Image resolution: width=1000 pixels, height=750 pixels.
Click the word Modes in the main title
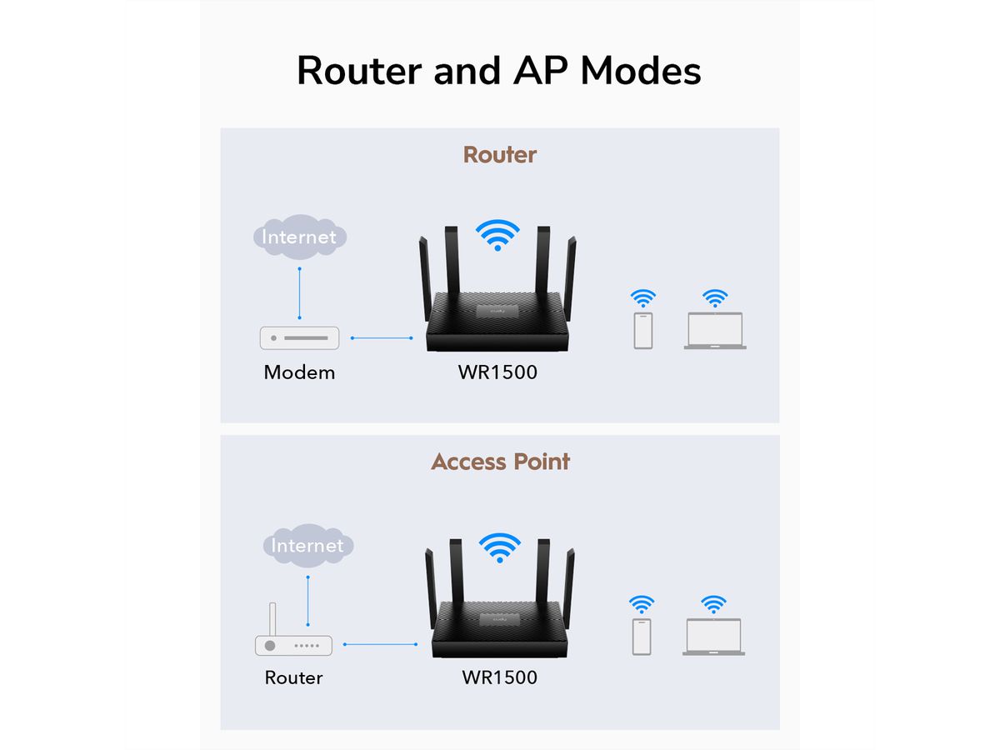(x=641, y=71)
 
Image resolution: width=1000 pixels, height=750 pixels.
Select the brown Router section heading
(x=499, y=155)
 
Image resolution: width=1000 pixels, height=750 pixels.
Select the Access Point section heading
(x=500, y=462)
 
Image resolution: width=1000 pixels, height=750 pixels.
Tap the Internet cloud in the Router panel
(x=299, y=237)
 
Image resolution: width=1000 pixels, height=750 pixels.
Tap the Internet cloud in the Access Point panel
(x=307, y=546)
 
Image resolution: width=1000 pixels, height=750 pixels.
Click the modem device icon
(x=300, y=337)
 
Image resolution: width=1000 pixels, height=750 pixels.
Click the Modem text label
(x=299, y=372)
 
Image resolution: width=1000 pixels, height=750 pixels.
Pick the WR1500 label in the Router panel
(x=497, y=372)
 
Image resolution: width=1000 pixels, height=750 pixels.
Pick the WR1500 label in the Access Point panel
(x=499, y=677)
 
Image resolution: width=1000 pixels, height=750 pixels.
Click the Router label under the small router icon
(x=293, y=677)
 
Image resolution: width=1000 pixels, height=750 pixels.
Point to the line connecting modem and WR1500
(x=382, y=337)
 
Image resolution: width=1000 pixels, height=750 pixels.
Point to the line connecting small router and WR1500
(x=380, y=643)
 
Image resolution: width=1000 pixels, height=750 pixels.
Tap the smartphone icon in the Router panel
(x=642, y=330)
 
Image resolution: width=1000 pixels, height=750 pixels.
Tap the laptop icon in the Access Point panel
(x=713, y=637)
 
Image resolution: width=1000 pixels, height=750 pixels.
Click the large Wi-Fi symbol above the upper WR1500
(x=497, y=234)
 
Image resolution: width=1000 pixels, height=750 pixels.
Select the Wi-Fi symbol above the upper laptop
(x=714, y=297)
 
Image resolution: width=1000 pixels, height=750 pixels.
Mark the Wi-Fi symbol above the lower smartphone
(x=641, y=603)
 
